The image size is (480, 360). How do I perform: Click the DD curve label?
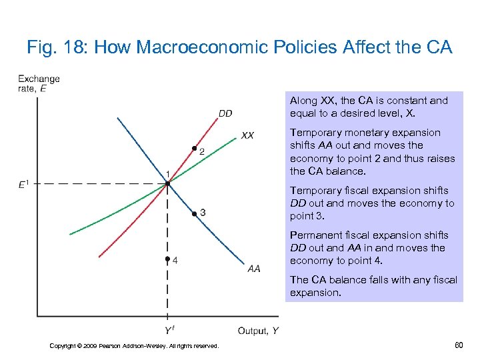point(225,113)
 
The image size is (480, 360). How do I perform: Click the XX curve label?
point(247,135)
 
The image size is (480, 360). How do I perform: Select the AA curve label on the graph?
point(254,269)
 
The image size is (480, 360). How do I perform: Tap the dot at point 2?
point(194,148)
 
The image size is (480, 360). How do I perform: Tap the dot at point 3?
point(193,213)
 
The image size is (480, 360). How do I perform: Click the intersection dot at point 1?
point(167,183)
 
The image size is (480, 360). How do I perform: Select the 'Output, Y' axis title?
point(258,331)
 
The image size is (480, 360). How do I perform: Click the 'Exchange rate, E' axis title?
point(39,83)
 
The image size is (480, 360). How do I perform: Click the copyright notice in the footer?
point(134,345)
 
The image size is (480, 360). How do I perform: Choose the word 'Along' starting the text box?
point(303,101)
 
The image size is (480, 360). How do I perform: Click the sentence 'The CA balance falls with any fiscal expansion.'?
point(373,286)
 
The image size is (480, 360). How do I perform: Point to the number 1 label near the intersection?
point(169,174)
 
